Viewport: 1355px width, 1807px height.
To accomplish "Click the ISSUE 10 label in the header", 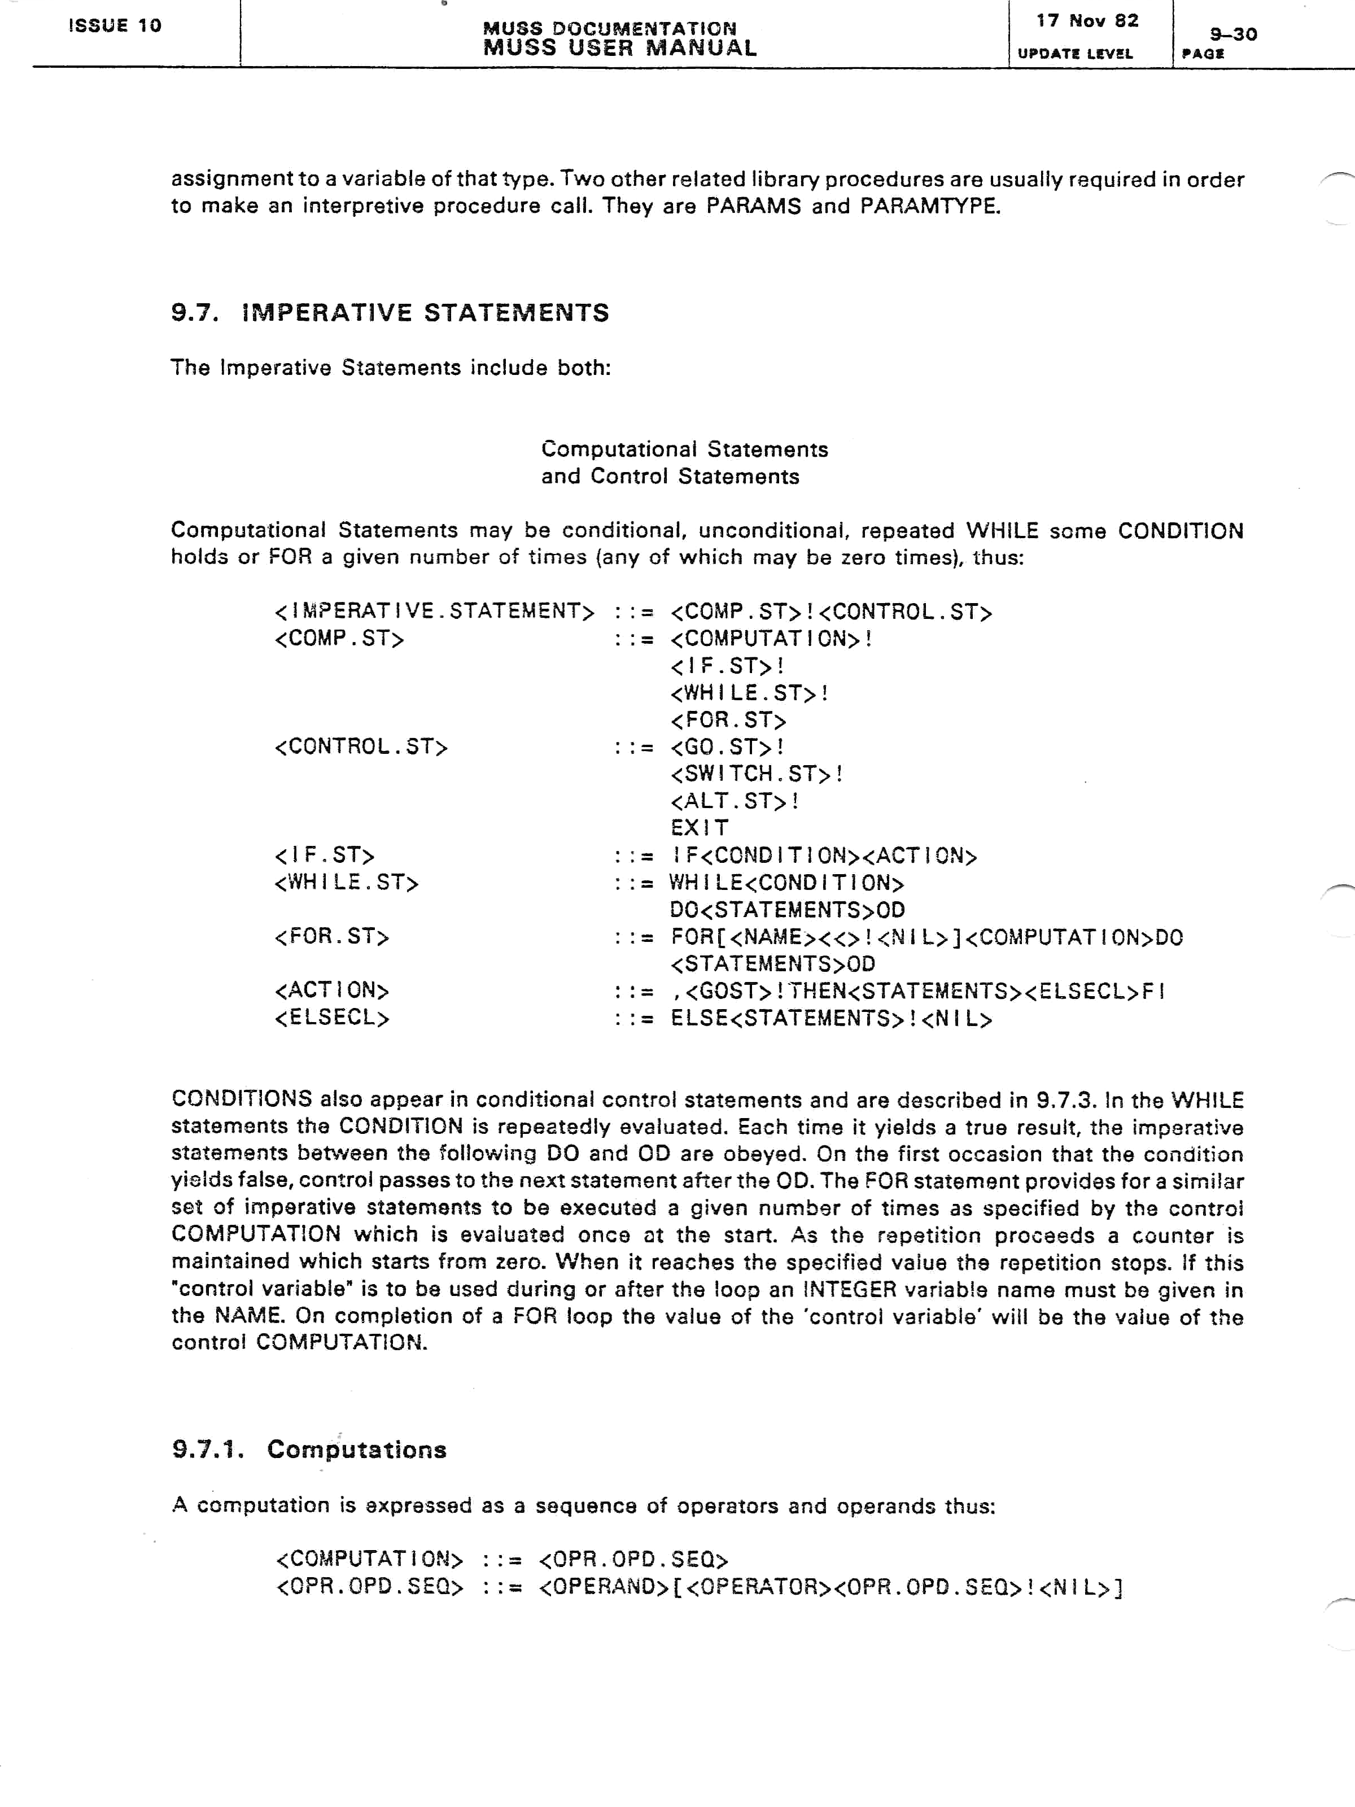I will pyautogui.click(x=115, y=25).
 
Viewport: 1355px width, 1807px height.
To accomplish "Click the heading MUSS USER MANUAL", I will pyautogui.click(x=620, y=48).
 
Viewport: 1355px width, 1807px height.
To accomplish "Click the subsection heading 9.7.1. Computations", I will pyautogui.click(x=309, y=1450).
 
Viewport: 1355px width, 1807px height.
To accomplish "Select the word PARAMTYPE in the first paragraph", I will pyautogui.click(x=930, y=206).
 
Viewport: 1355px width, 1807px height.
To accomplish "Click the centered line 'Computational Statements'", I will pyautogui.click(x=684, y=449).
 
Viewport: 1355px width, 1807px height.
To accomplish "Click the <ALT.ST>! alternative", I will pyautogui.click(x=735, y=801).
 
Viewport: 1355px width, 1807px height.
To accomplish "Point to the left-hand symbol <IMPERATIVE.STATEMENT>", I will pyautogui.click(x=435, y=611).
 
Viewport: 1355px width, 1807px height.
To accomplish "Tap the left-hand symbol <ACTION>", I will pyautogui.click(x=331, y=991).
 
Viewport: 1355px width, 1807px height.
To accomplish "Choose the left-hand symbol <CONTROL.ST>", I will pyautogui.click(x=361, y=747).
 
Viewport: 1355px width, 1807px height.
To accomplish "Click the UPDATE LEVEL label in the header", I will pyautogui.click(x=1075, y=54).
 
